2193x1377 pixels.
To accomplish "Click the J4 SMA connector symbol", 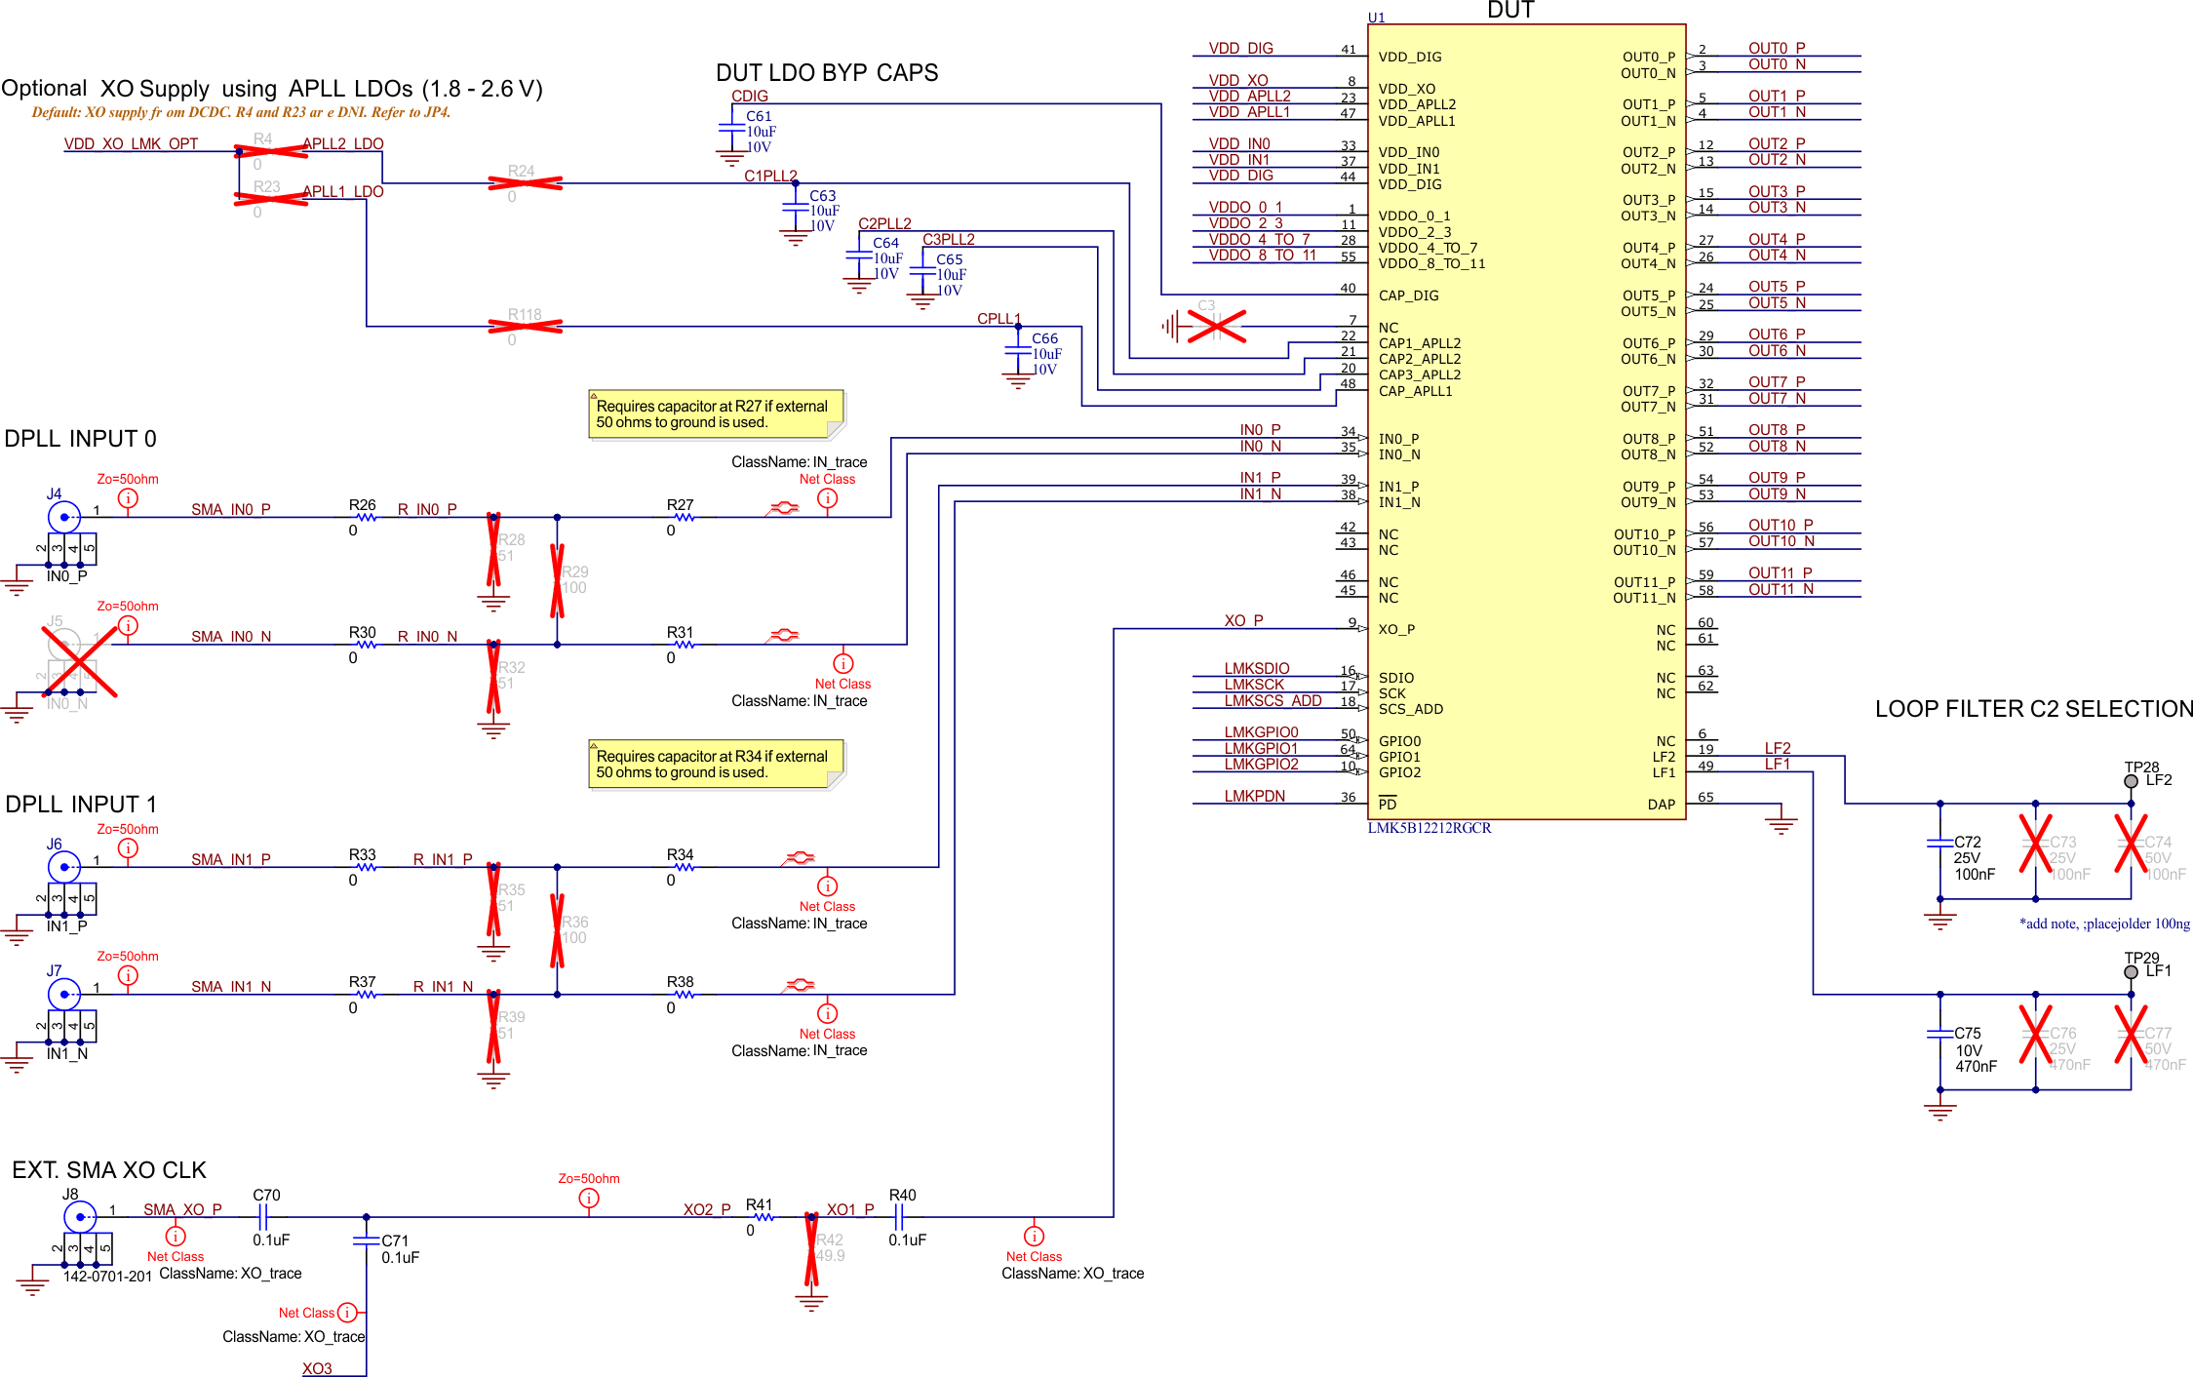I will pos(64,517).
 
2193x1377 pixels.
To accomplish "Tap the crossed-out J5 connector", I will pos(66,647).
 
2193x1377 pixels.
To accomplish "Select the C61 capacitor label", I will pos(759,116).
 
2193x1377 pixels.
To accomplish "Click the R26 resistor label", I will pos(362,505).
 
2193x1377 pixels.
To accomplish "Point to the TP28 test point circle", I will pos(2131,781).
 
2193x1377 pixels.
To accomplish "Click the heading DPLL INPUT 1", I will pos(81,805).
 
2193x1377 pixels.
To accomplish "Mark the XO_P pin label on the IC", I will pos(1396,630).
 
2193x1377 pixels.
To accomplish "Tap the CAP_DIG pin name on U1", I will pos(1408,295).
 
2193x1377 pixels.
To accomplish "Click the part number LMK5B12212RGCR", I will pos(1429,828).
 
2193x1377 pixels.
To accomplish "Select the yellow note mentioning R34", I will pos(716,765).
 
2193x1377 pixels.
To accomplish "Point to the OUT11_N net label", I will pos(1781,589).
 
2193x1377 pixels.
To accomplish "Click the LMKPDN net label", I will pos(1254,797).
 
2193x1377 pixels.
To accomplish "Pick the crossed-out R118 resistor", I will pos(525,326).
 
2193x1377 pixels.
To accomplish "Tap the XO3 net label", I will pos(317,1368).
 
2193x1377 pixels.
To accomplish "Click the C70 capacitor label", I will pos(266,1195).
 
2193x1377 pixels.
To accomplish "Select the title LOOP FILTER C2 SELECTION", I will pos(2033,709).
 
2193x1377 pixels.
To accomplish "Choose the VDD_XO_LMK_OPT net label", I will pos(131,144).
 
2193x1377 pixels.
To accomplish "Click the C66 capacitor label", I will pos(1044,338).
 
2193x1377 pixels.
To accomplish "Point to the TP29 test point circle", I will pos(2131,972).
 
